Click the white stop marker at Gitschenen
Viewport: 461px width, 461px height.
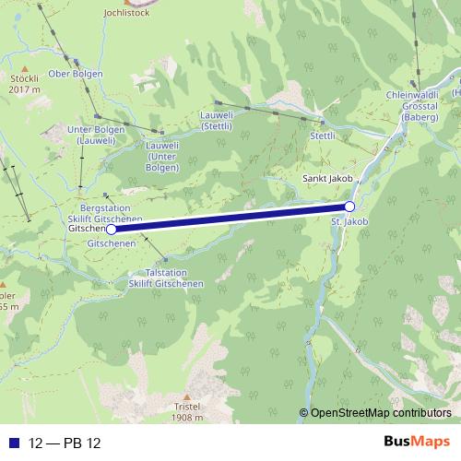pyautogui.click(x=112, y=228)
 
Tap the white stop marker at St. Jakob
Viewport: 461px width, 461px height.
pyautogui.click(x=349, y=207)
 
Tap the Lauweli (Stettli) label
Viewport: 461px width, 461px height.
pyautogui.click(x=223, y=122)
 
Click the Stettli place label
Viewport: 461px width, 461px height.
pyautogui.click(x=323, y=135)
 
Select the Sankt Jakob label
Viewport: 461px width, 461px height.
pyautogui.click(x=323, y=177)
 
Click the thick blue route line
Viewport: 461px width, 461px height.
pyautogui.click(x=230, y=218)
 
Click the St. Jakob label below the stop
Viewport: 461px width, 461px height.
pyautogui.click(x=349, y=222)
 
